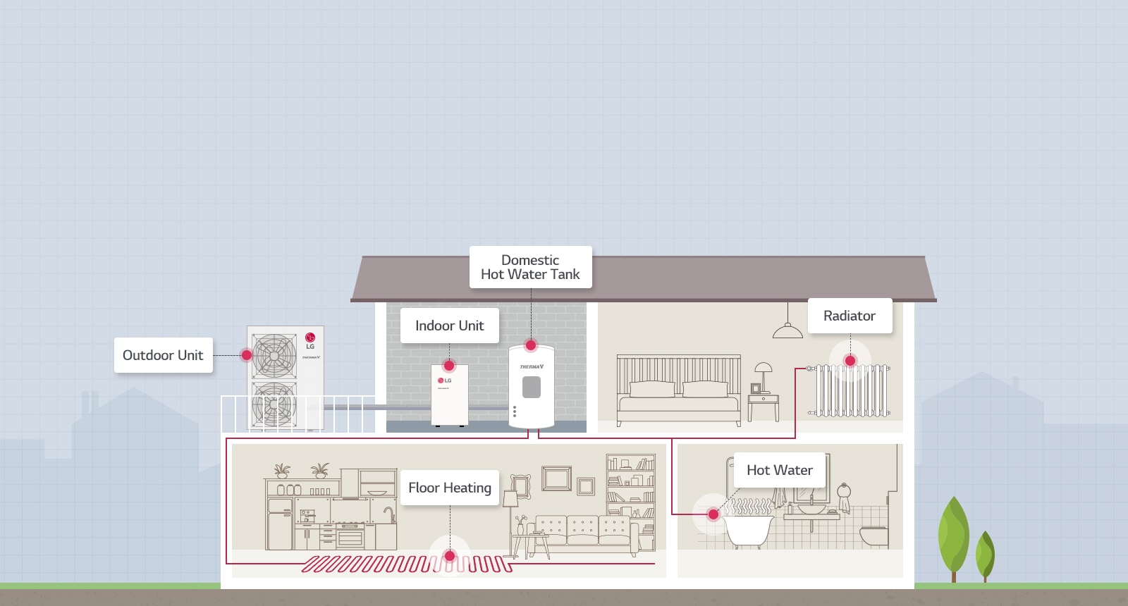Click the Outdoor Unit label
coord(163,355)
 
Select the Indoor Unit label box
coord(449,326)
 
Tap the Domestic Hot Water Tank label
coord(530,267)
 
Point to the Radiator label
coord(849,316)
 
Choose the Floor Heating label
coord(449,488)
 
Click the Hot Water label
coord(779,470)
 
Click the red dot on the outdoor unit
coord(247,355)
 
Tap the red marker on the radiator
coord(850,361)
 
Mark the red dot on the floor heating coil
coord(450,556)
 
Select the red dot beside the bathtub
coord(713,514)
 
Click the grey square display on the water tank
coord(532,387)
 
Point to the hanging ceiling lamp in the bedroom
coord(787,328)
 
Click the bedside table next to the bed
coord(763,407)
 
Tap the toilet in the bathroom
coord(873,535)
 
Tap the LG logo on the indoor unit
coord(444,381)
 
